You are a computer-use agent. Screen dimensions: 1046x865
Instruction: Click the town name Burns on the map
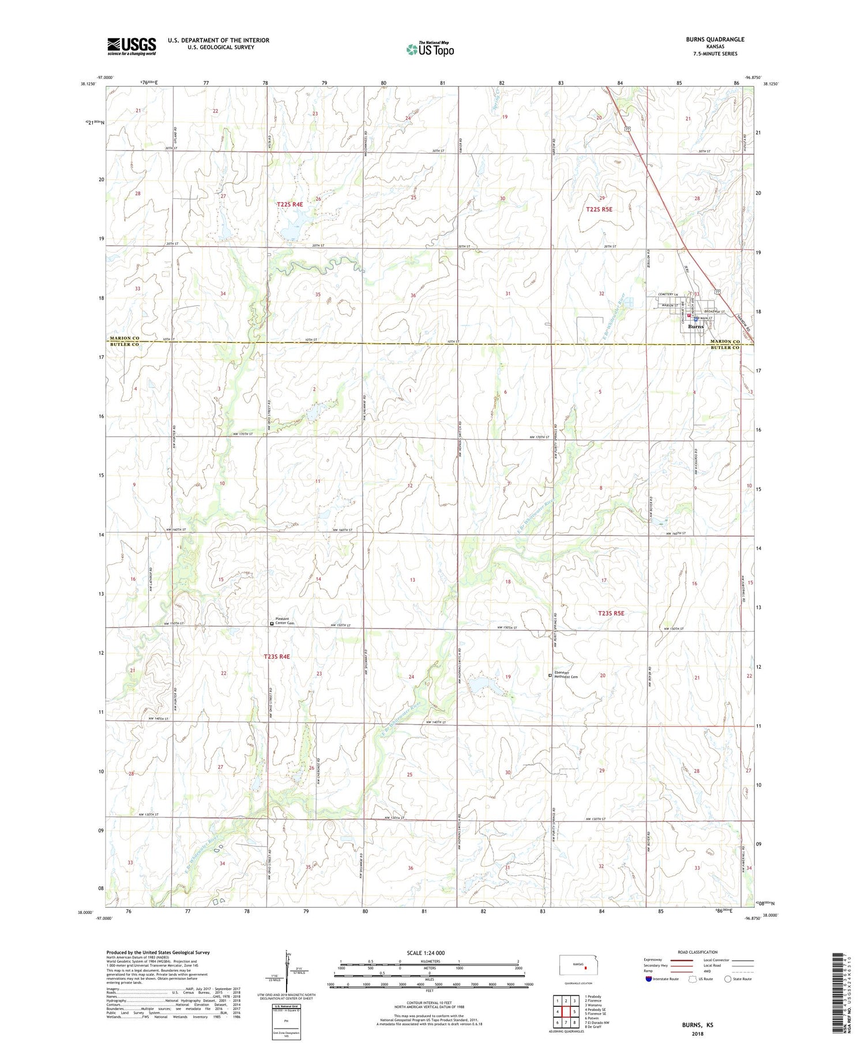[695, 327]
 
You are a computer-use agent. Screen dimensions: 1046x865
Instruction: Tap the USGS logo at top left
[131, 46]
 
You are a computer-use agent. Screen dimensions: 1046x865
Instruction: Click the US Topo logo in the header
[430, 50]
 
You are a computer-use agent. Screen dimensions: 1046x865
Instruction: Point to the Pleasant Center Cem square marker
[272, 623]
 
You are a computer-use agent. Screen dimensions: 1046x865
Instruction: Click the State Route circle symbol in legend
[728, 979]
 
